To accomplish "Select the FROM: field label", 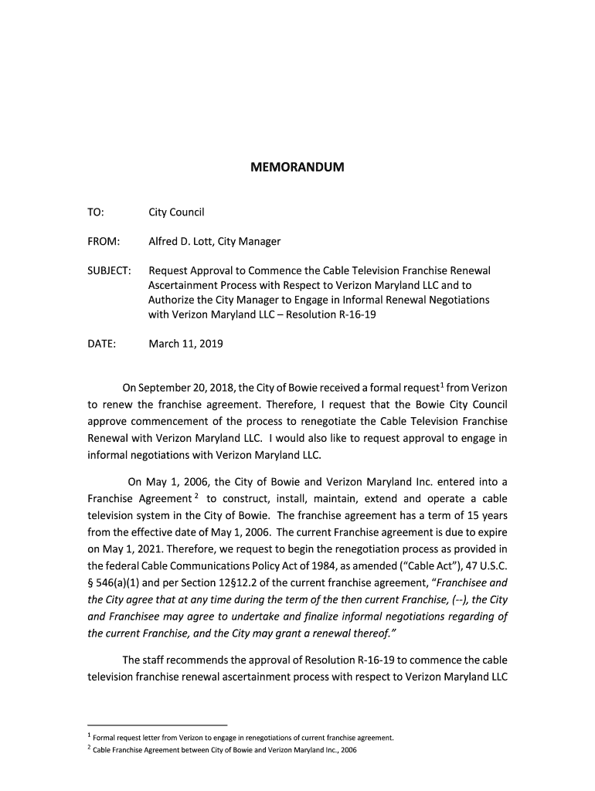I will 103,242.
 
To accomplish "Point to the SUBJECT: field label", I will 109,271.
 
